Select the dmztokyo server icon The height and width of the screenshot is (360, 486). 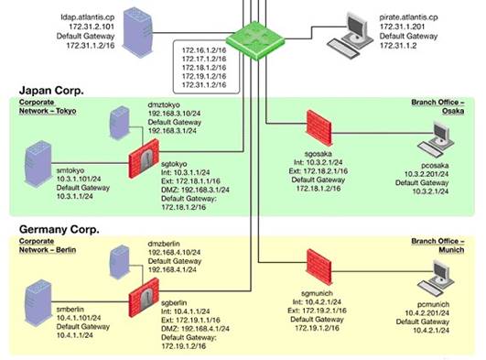[x=120, y=124]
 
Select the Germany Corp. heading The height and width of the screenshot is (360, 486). [x=60, y=228]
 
